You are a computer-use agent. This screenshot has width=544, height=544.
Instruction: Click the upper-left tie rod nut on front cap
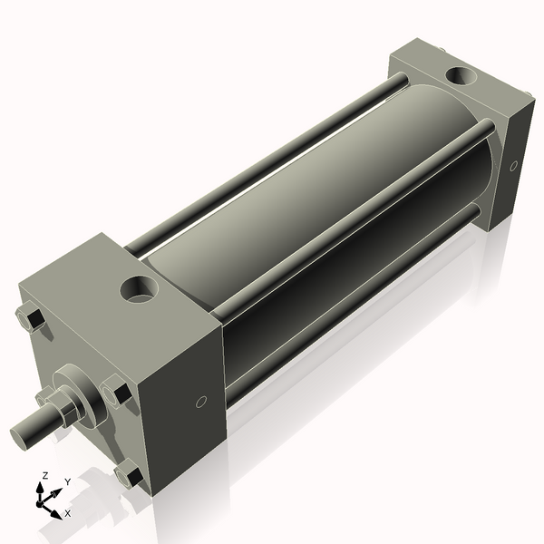(28, 319)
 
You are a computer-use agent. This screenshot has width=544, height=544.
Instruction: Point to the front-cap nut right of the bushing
(117, 393)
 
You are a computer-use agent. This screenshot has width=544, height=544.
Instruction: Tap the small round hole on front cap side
(201, 402)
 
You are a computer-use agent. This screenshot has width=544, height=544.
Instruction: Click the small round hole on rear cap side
(513, 167)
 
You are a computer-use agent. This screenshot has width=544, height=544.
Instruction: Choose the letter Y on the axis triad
(67, 483)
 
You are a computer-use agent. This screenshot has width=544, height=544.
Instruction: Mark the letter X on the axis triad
(68, 513)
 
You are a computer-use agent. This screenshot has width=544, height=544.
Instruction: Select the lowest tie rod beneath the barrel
(354, 308)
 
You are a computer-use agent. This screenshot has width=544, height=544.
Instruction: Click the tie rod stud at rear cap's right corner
(524, 95)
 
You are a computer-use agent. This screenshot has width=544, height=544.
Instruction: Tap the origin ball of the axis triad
(42, 501)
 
